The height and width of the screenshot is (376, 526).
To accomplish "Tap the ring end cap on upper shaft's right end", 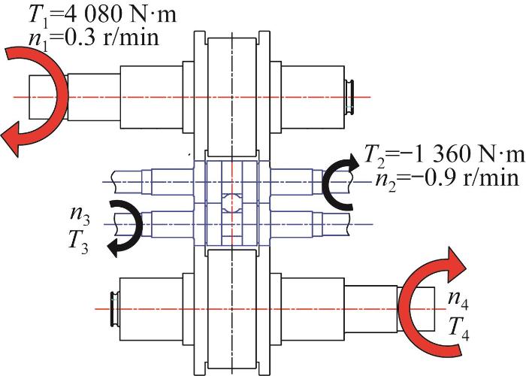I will pos(352,96).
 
